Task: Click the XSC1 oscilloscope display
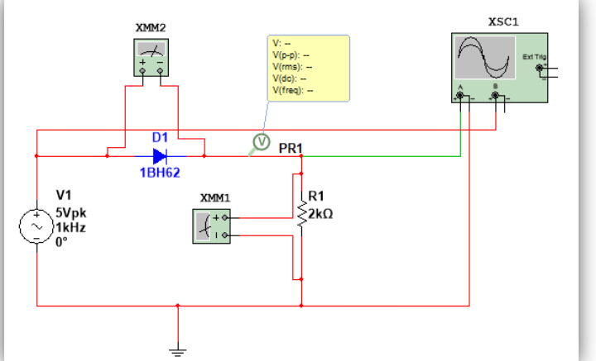pos(483,59)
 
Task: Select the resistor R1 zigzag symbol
pos(301,211)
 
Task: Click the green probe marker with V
pos(262,142)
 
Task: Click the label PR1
pos(291,148)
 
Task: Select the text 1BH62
pos(160,173)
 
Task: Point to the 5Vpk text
pos(70,211)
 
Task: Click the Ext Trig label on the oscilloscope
pos(534,56)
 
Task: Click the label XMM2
pos(150,27)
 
